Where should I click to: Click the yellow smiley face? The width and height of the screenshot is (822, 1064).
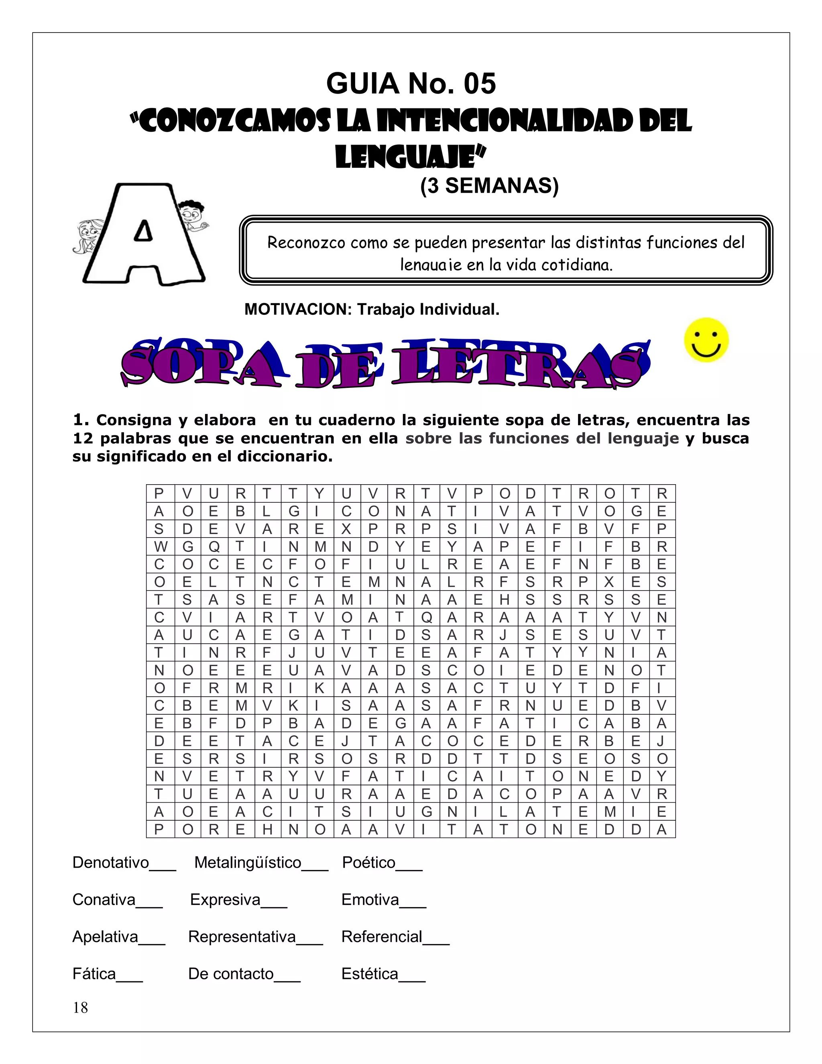(x=706, y=340)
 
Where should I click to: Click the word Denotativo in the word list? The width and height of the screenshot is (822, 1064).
(x=110, y=862)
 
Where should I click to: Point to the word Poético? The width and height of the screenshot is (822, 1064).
(x=368, y=862)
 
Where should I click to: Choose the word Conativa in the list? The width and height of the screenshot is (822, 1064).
(x=104, y=899)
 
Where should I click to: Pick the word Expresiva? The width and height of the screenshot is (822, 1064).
(x=225, y=899)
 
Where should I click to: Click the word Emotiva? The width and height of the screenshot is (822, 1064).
(x=370, y=899)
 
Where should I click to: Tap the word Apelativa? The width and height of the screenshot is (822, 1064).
(x=105, y=936)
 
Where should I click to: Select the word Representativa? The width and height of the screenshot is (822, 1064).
(x=242, y=936)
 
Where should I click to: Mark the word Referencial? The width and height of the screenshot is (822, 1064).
(x=382, y=936)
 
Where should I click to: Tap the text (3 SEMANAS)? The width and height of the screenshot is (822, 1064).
(x=489, y=185)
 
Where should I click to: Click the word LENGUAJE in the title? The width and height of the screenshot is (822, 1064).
(x=410, y=157)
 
